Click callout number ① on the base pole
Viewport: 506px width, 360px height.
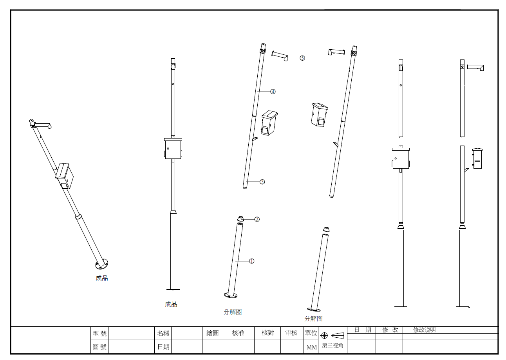251,261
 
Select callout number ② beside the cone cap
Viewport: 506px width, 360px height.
257,219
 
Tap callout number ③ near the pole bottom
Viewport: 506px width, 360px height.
262,182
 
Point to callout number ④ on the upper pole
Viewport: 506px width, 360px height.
273,92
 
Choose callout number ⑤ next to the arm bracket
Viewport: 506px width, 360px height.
302,58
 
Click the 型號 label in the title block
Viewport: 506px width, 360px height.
99,333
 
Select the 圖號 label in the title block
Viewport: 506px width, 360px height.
99,347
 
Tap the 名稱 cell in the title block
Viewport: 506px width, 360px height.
163,333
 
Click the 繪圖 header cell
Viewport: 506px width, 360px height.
212,333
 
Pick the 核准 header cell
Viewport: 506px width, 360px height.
238,333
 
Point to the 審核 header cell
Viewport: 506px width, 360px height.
291,333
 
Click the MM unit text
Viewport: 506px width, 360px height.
311,347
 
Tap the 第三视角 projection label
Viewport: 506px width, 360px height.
333,346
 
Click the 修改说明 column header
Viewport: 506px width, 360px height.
424,330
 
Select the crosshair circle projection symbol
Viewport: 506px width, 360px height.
324,336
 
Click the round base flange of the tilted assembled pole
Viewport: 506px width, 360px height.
102,264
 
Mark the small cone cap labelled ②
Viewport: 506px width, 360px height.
240,219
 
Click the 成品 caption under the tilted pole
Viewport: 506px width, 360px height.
102,278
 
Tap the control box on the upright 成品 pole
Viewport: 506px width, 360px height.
173,149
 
